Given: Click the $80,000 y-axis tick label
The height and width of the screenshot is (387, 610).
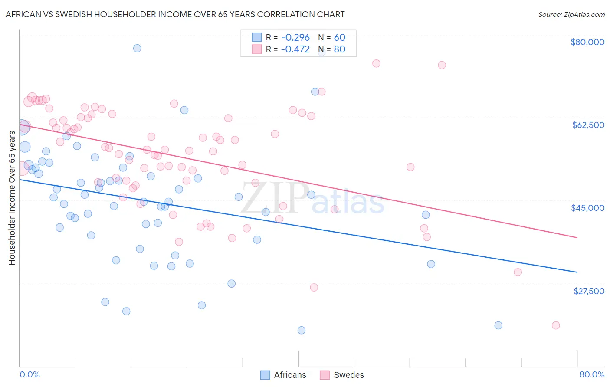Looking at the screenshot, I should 587,42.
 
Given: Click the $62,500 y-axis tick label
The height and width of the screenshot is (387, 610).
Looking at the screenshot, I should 588,125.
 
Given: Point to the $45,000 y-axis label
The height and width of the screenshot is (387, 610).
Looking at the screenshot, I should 587,208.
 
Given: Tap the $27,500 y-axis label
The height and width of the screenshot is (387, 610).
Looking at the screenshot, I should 589,291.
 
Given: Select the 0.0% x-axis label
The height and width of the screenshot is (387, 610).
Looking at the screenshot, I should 30,374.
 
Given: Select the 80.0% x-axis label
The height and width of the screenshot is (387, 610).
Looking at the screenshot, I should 592,374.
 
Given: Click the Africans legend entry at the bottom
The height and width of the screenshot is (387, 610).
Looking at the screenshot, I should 290,375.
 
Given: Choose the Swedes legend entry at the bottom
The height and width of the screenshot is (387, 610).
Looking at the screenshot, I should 349,375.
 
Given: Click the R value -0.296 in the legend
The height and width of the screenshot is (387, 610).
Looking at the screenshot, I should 295,37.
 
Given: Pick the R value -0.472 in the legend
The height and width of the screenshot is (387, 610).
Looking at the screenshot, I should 295,49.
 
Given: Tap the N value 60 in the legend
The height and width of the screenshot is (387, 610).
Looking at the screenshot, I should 340,37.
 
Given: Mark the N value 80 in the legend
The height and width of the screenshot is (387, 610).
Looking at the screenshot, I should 340,49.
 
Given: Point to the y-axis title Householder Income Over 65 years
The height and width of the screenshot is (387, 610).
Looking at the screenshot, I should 12,197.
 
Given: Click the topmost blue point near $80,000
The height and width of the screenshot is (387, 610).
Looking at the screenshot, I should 137,48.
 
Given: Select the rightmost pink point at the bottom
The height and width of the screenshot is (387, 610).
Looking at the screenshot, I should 556,325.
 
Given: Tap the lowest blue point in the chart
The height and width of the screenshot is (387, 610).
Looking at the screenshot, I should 302,330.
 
